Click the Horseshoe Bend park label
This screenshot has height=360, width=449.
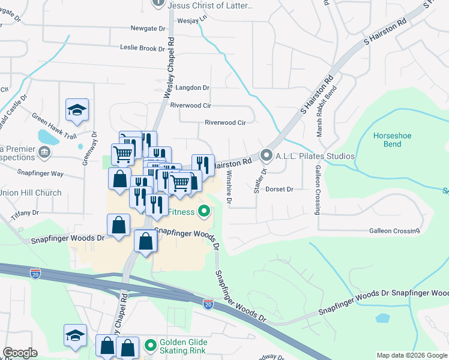pyautogui.click(x=392, y=140)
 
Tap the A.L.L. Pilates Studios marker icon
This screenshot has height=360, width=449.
pyautogui.click(x=267, y=156)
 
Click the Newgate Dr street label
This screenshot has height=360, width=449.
pyautogui.click(x=148, y=28)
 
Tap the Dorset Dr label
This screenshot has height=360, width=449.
pyautogui.click(x=280, y=189)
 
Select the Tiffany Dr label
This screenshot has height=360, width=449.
pyautogui.click(x=26, y=212)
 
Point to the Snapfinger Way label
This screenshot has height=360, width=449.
pyautogui.click(x=40, y=173)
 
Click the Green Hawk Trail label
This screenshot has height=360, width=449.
pyautogui.click(x=55, y=118)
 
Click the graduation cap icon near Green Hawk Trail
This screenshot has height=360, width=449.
pyautogui.click(x=77, y=110)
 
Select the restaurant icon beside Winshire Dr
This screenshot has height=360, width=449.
pyautogui.click(x=203, y=164)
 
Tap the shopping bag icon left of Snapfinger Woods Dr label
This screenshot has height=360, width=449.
pyautogui.click(x=119, y=226)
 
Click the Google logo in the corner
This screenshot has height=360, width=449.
pyautogui.click(x=20, y=353)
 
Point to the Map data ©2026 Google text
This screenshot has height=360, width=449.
pyautogui.click(x=412, y=355)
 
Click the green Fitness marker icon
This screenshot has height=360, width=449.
pyautogui.click(x=204, y=212)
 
